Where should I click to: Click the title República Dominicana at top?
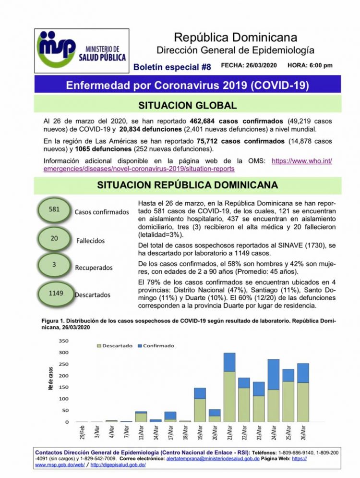click(235, 37)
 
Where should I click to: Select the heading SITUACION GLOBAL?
click(187, 106)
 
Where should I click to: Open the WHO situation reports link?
click(187, 165)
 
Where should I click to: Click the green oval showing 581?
click(55, 210)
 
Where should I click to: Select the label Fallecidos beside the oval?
click(91, 240)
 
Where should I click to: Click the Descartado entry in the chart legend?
click(115, 345)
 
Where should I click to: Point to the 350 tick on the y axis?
click(63, 341)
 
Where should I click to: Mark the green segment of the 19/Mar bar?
click(200, 410)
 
